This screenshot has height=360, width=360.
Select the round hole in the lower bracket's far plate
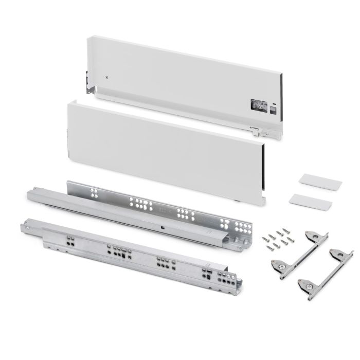point(336,254)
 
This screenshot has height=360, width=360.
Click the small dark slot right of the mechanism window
point(273,109)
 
